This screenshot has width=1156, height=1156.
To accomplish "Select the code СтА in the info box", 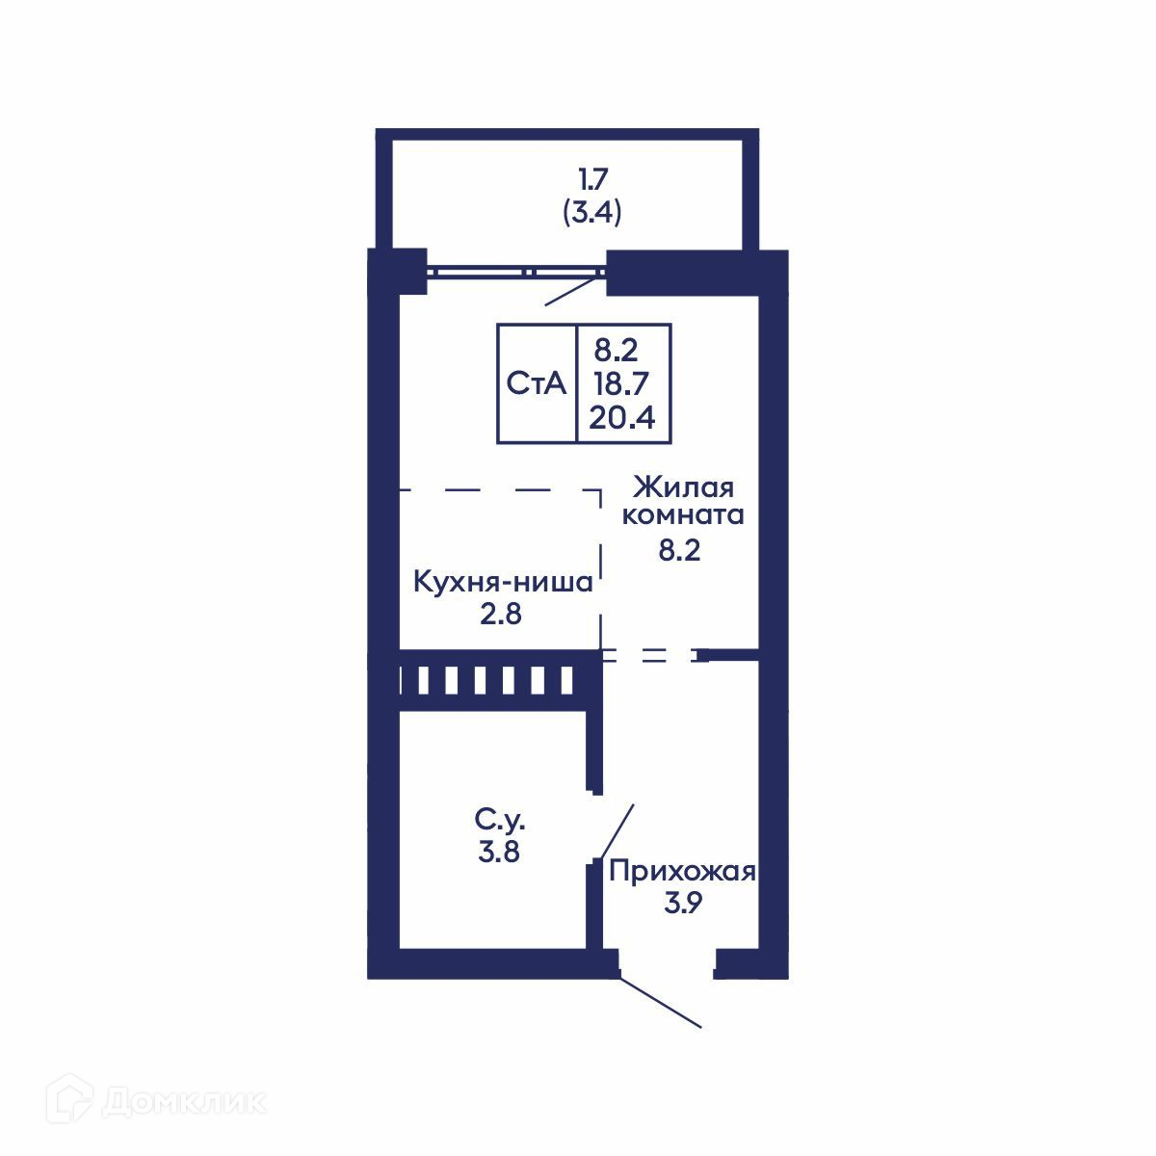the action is point(537,383).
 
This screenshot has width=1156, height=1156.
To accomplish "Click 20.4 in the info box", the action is point(622,417).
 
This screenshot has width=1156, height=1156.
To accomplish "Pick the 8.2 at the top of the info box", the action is point(617,351).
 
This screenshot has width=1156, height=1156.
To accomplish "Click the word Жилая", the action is point(683,487).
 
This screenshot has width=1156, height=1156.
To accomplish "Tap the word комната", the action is point(683,515).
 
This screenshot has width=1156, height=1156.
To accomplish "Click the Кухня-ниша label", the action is point(503,583).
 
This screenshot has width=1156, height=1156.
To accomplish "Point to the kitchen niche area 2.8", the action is point(501,615).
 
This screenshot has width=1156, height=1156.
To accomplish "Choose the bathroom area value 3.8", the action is point(499,852).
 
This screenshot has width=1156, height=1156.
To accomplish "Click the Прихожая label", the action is point(683,872).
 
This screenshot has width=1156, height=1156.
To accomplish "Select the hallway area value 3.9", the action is point(683,903).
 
